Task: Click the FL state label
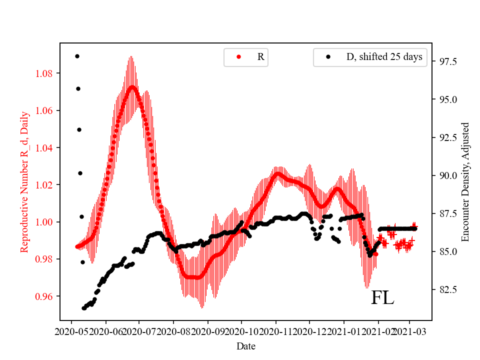382,298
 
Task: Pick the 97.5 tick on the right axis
446,61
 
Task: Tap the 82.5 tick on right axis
446,289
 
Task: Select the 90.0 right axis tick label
446,175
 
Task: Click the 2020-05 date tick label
71,331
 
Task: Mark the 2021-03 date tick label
410,331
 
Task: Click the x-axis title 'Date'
246,346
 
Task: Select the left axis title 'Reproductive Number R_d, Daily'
24,182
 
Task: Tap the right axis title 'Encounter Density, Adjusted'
465,182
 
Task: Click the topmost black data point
77,56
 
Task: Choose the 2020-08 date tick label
173,331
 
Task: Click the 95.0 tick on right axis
446,99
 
